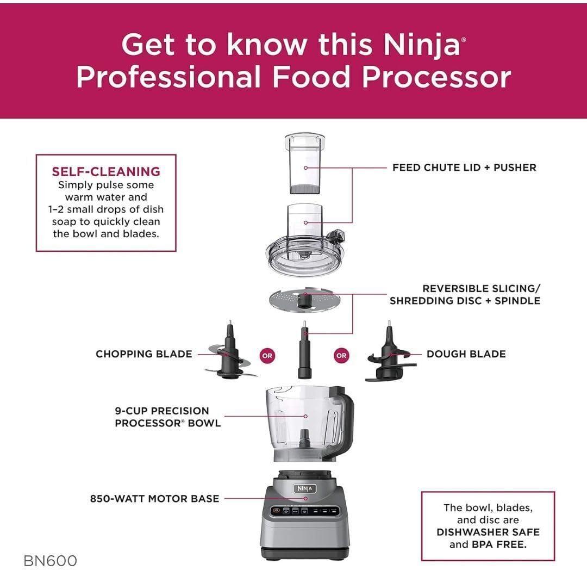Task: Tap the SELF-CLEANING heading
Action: (x=106, y=172)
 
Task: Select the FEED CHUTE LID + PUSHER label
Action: (x=464, y=168)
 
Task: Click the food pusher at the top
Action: (x=305, y=163)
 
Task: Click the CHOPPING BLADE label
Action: (x=143, y=354)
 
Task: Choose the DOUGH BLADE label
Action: (x=466, y=354)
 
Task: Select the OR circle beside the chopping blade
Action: (x=267, y=356)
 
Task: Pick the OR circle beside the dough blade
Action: (x=341, y=356)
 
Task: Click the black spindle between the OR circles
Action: (x=305, y=351)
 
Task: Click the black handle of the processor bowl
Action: (x=346, y=419)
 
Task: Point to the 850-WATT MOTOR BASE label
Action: (x=154, y=498)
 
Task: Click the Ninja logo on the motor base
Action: (x=305, y=489)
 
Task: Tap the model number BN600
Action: (x=51, y=560)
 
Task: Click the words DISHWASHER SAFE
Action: (x=488, y=532)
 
